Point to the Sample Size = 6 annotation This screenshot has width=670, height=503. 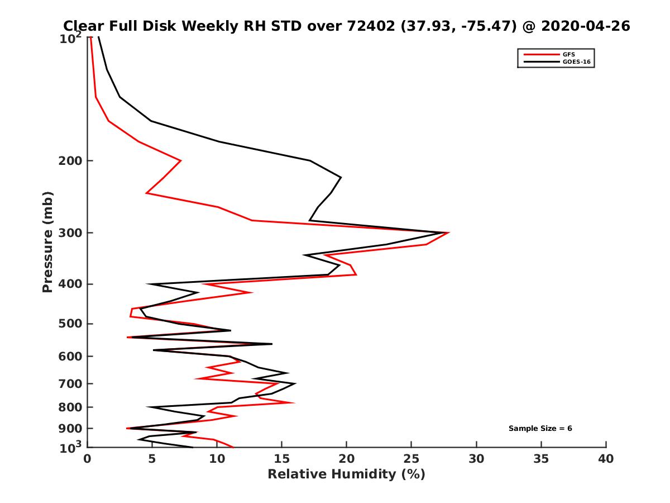click(x=540, y=429)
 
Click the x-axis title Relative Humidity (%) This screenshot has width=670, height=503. click(x=346, y=474)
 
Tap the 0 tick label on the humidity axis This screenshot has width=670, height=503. click(x=88, y=459)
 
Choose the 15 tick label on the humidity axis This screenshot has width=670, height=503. click(x=282, y=459)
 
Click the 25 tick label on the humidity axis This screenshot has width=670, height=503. click(x=411, y=459)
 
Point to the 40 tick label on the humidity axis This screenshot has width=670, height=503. click(x=606, y=459)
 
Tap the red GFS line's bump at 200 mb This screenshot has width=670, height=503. click(x=180, y=161)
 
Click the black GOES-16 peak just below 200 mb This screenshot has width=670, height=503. click(x=341, y=178)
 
